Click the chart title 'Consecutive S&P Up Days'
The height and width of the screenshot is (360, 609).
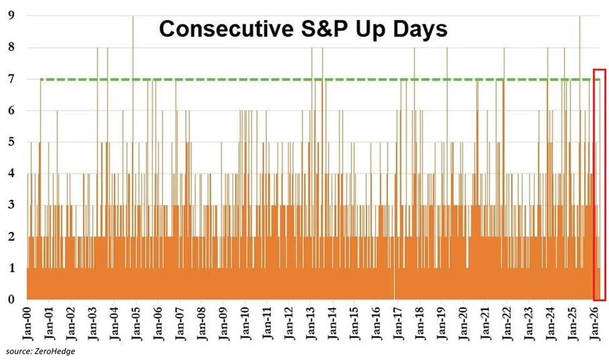[302, 29]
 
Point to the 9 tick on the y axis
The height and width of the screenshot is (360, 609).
[11, 15]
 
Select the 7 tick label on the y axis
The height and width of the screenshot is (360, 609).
[11, 79]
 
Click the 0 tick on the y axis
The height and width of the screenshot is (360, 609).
[11, 300]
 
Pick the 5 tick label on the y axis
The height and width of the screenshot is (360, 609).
[11, 142]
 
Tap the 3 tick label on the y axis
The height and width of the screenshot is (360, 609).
[11, 206]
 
